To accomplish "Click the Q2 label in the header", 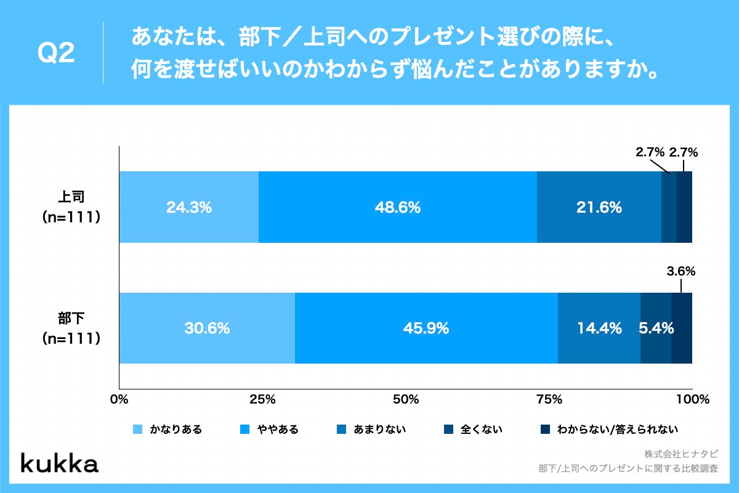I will (56, 54).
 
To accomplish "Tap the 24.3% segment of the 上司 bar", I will (188, 207).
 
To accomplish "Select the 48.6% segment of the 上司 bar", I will (397, 207).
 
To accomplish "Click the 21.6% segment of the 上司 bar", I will (599, 207).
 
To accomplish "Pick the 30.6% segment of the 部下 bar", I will (206, 328).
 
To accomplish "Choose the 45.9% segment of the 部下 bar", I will (426, 328).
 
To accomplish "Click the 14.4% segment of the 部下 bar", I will (599, 328).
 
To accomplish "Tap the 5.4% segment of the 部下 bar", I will (656, 328).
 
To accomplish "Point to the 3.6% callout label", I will (681, 271).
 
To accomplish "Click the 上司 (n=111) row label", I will (71, 207).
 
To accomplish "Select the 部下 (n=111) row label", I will (71, 328).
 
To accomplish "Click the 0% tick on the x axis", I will (118, 399).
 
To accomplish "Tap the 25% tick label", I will (262, 399).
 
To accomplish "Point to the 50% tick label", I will (406, 399).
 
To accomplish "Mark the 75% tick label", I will (549, 399).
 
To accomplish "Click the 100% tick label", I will (692, 399).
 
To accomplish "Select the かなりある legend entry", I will (168, 430).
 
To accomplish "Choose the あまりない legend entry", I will (371, 430).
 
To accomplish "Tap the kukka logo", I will (59, 463).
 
